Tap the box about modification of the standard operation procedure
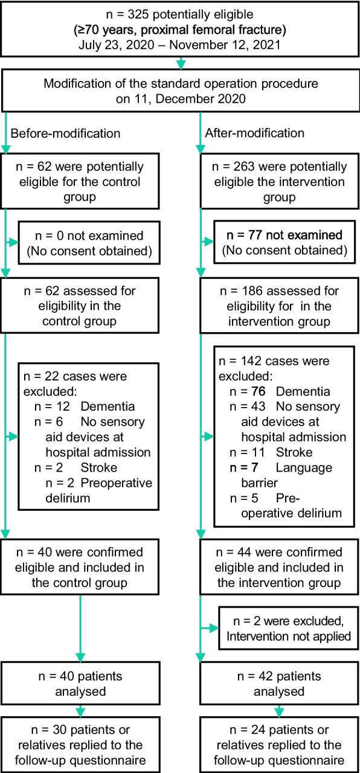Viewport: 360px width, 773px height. click(x=179, y=91)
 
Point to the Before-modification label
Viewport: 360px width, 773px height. click(x=65, y=133)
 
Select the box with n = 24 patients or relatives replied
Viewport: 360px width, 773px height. click(x=280, y=742)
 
